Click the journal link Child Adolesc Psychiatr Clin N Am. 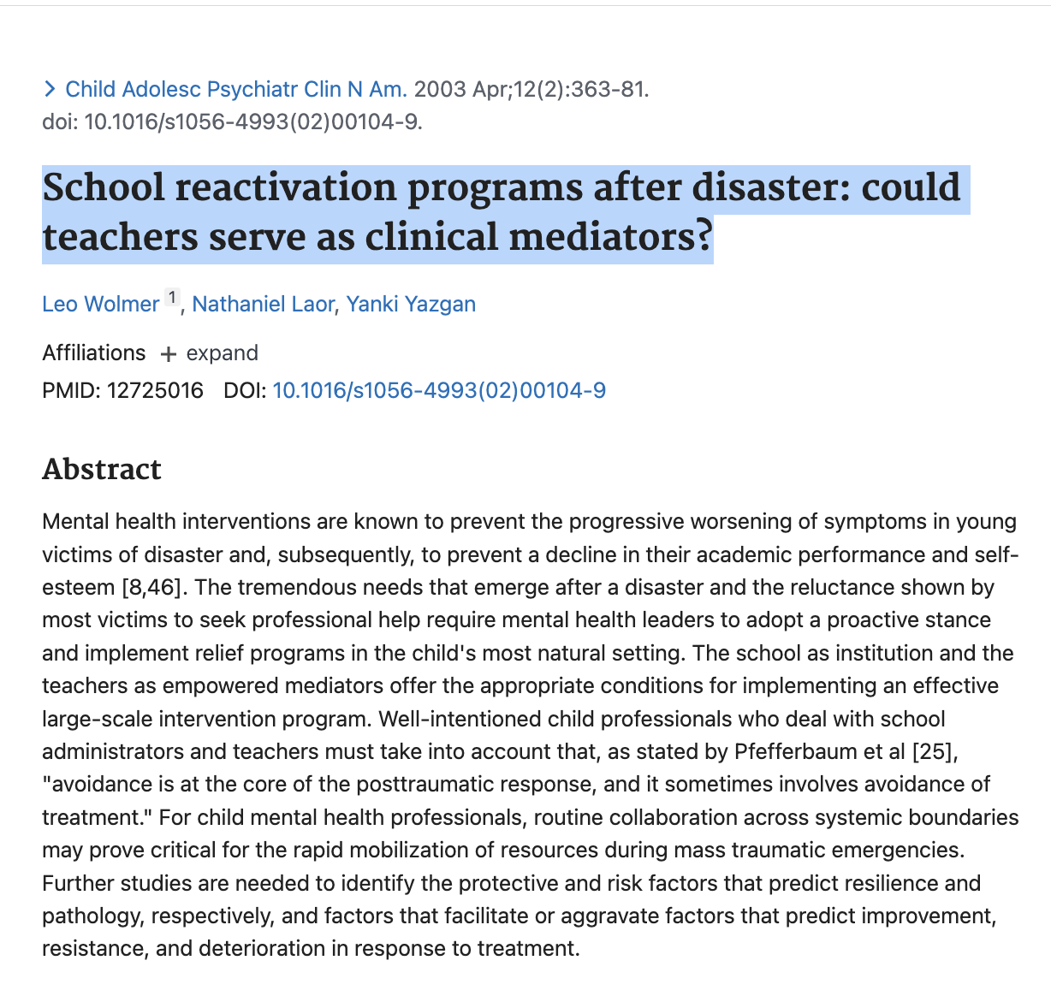point(235,89)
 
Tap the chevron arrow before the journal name point(50,89)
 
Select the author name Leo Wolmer point(100,304)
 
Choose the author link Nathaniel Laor point(263,304)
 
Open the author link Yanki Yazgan point(411,304)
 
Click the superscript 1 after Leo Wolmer point(172,298)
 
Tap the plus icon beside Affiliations point(169,354)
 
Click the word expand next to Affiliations point(222,353)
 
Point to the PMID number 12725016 point(155,391)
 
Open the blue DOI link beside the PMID point(439,391)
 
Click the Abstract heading point(102,469)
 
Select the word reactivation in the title point(286,188)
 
